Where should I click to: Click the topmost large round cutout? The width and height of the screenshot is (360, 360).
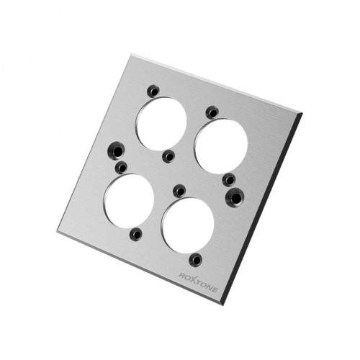(161, 124)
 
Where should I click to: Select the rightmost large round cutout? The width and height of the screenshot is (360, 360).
(221, 146)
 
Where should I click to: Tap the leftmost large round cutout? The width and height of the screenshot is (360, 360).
(129, 201)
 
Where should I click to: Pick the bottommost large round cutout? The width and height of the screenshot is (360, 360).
(188, 225)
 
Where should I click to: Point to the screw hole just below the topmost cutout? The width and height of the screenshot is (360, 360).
(168, 157)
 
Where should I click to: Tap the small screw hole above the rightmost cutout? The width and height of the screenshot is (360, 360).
(212, 112)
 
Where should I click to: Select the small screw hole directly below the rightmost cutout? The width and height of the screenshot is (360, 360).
(229, 180)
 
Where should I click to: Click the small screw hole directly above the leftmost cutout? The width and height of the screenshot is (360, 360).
(122, 168)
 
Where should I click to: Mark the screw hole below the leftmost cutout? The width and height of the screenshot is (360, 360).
(136, 233)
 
